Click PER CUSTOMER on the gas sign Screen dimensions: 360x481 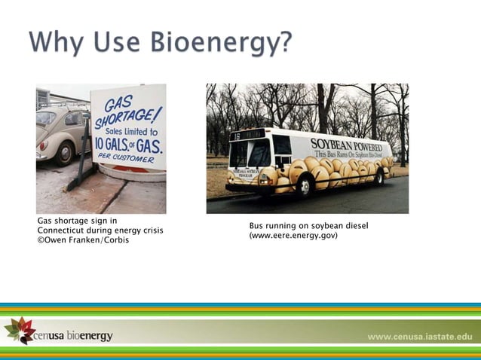click(127, 160)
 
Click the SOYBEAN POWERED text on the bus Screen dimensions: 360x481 click(351, 143)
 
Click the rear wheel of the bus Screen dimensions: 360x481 click(378, 177)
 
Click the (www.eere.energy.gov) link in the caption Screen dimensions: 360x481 click(293, 236)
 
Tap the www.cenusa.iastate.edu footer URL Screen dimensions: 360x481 click(419, 336)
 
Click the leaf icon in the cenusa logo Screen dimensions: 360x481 click(17, 330)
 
